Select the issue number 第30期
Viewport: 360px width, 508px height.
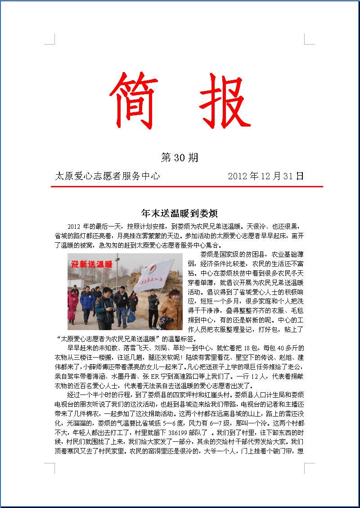[x=180, y=158]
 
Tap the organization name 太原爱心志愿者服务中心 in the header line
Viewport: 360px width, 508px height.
[x=107, y=176]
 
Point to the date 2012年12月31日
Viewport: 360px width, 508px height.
[x=266, y=176]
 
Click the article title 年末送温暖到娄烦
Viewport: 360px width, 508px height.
[x=180, y=213]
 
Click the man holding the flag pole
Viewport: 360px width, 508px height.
[x=153, y=306]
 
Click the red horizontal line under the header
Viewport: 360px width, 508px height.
[x=187, y=186]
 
